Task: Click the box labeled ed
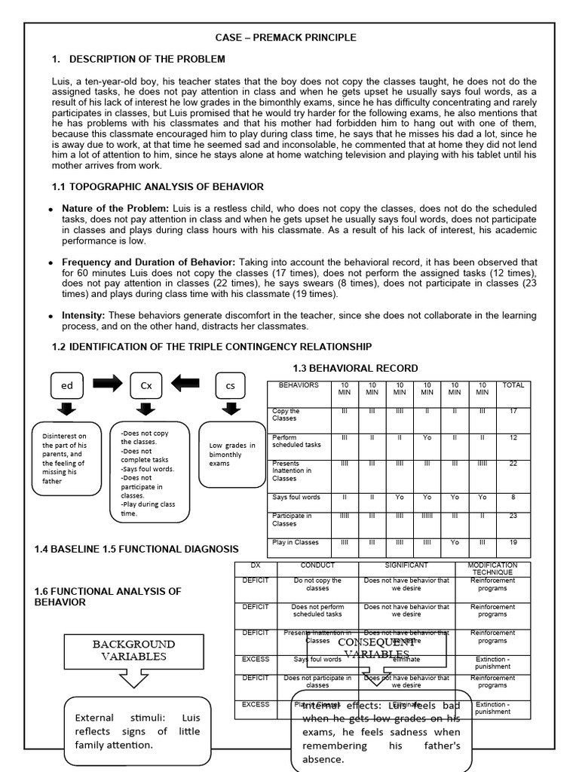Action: pos(68,385)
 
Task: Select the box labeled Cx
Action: pos(146,385)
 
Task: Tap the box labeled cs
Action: pos(231,385)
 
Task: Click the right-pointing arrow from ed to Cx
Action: pos(107,384)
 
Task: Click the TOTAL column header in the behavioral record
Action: pos(513,385)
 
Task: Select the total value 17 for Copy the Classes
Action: pos(513,412)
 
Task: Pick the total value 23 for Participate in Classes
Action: pos(513,516)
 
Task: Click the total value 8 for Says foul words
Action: pos(513,498)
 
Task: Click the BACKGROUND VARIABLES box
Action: pos(133,651)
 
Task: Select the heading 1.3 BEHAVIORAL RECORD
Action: pos(355,368)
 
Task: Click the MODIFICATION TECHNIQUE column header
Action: pos(492,568)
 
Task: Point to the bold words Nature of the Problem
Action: pos(105,207)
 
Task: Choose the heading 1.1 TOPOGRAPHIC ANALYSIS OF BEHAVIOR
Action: pos(158,186)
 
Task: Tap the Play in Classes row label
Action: pos(296,543)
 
